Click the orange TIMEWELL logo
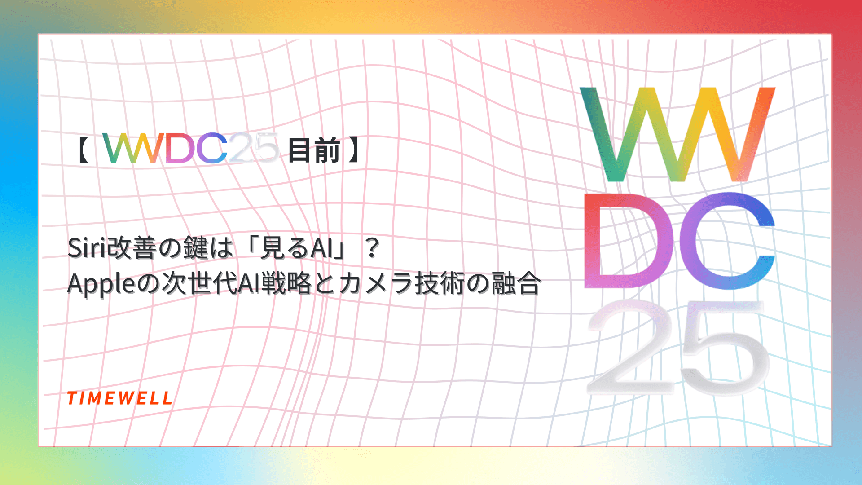pos(119,398)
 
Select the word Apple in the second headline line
pos(101,284)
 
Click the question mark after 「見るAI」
pos(372,248)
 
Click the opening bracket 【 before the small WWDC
pos(82,150)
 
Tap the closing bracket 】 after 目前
pos(355,150)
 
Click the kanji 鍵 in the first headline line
pos(196,248)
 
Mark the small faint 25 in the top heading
pos(254,148)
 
